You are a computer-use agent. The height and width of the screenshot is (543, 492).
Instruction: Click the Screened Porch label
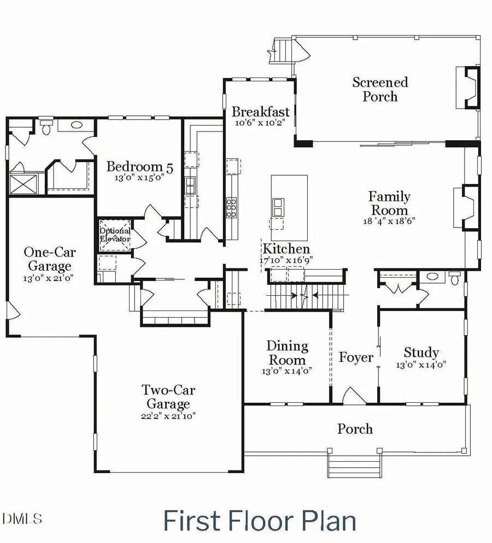pyautogui.click(x=380, y=89)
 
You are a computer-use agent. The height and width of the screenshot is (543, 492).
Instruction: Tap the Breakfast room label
pyautogui.click(x=260, y=112)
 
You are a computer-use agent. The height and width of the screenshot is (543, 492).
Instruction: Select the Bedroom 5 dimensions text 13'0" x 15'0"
pyautogui.click(x=139, y=178)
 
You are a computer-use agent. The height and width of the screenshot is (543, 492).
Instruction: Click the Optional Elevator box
pyautogui.click(x=114, y=235)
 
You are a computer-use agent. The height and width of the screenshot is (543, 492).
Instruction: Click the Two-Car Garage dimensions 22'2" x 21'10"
pyautogui.click(x=169, y=415)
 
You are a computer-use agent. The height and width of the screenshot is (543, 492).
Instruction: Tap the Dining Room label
pyautogui.click(x=287, y=353)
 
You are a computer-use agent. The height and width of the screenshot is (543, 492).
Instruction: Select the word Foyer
pyautogui.click(x=356, y=357)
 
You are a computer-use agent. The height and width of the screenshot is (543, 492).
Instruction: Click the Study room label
pyautogui.click(x=421, y=353)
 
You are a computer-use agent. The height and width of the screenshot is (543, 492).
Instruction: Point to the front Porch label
pyautogui.click(x=355, y=429)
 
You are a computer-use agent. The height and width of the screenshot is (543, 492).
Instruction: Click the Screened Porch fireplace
pyautogui.click(x=468, y=87)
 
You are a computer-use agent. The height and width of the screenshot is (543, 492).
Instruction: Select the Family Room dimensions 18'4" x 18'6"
pyautogui.click(x=389, y=221)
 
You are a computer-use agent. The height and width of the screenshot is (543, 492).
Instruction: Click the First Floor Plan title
pyautogui.click(x=259, y=521)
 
